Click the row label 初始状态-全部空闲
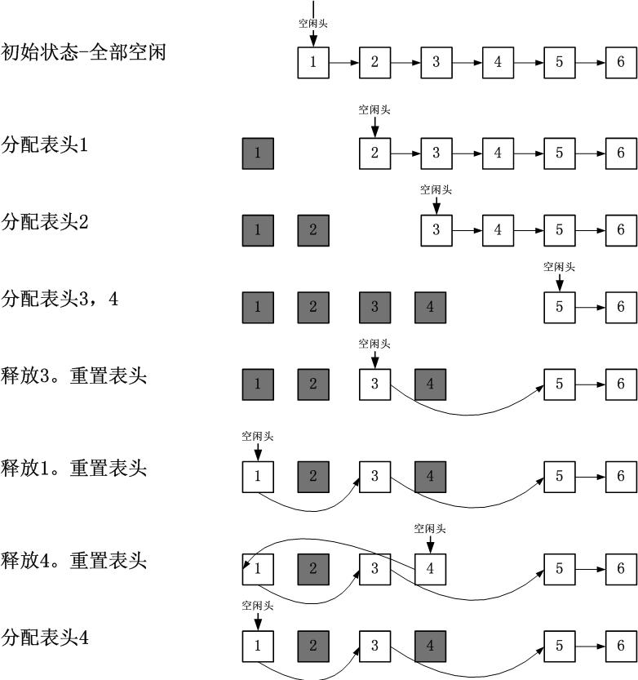[x=84, y=54]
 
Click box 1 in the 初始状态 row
[x=313, y=63]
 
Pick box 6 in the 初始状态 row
[x=621, y=63]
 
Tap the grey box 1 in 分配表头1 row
[x=258, y=153]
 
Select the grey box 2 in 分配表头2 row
[x=313, y=230]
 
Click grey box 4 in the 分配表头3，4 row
[x=430, y=307]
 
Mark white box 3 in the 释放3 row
[x=374, y=384]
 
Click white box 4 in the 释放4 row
[x=430, y=568]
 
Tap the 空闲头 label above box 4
[x=430, y=529]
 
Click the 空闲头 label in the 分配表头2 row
[x=436, y=189]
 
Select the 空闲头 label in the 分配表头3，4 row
[x=559, y=266]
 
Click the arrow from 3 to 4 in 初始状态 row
[x=467, y=63]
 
